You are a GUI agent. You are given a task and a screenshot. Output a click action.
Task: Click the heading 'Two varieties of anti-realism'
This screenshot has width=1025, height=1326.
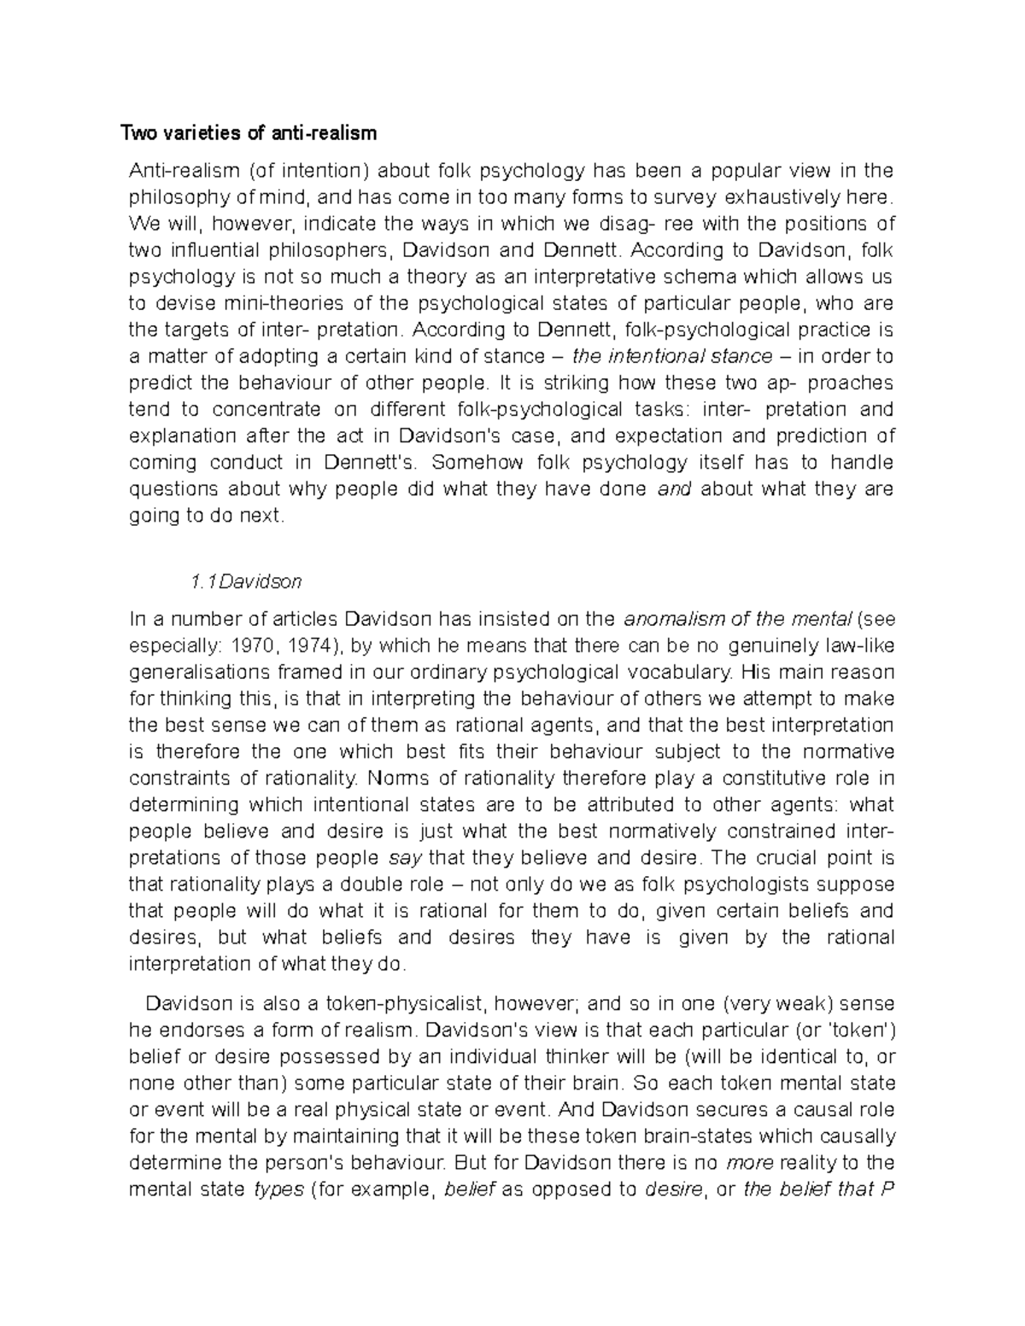pyautogui.click(x=248, y=133)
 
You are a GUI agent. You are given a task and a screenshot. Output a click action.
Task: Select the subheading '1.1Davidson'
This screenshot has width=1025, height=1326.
pyautogui.click(x=246, y=582)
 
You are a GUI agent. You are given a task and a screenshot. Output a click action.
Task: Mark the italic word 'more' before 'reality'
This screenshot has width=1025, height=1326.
pyautogui.click(x=748, y=1163)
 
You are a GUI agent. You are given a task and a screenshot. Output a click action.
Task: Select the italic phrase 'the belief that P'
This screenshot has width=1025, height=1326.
pyautogui.click(x=818, y=1189)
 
